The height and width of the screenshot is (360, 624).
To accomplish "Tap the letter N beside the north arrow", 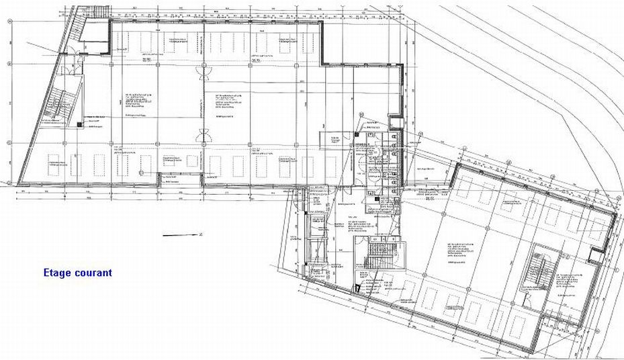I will pyautogui.click(x=201, y=234).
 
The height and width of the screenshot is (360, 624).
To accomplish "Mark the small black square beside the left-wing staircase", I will pyautogui.click(x=79, y=124).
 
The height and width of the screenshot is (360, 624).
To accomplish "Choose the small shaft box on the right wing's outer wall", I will pyautogui.click(x=594, y=255).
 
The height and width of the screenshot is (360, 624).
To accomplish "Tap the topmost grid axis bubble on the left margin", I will pyautogui.click(x=9, y=21).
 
